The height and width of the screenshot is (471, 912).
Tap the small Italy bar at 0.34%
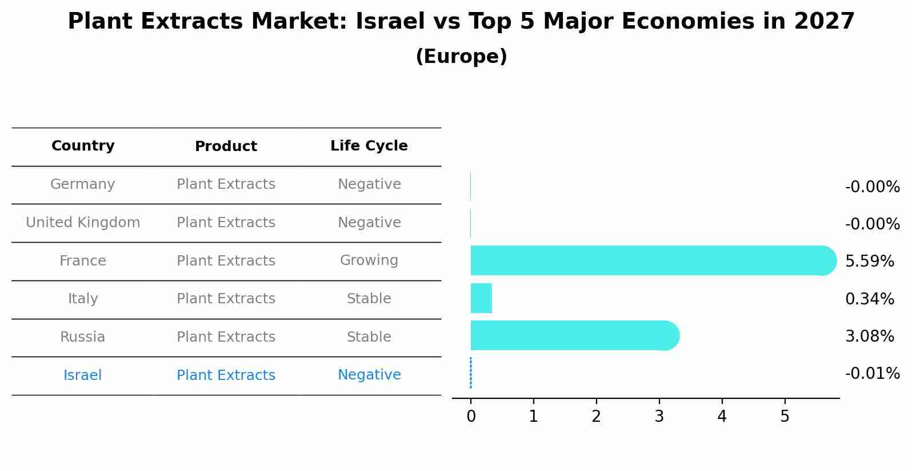(481, 298)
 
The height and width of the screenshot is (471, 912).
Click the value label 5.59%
(869, 262)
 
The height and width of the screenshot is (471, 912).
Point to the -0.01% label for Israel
(872, 374)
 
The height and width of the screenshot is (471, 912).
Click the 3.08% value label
(869, 337)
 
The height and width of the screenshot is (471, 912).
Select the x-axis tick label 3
(659, 417)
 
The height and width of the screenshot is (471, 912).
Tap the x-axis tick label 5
(785, 417)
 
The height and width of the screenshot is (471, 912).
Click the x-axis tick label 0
(471, 417)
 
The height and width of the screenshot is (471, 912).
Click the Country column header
(83, 146)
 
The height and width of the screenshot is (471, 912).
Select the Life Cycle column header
(369, 146)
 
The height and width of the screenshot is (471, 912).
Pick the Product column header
(226, 147)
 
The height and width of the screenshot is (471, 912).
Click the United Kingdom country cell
(83, 223)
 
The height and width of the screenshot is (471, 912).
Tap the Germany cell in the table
(83, 184)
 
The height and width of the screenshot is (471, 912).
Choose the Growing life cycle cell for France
(369, 260)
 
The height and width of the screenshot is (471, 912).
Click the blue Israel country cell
(83, 375)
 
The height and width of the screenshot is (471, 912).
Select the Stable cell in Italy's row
(369, 299)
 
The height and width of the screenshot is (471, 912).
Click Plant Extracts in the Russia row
(226, 337)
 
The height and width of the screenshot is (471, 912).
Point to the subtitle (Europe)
(461, 57)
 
